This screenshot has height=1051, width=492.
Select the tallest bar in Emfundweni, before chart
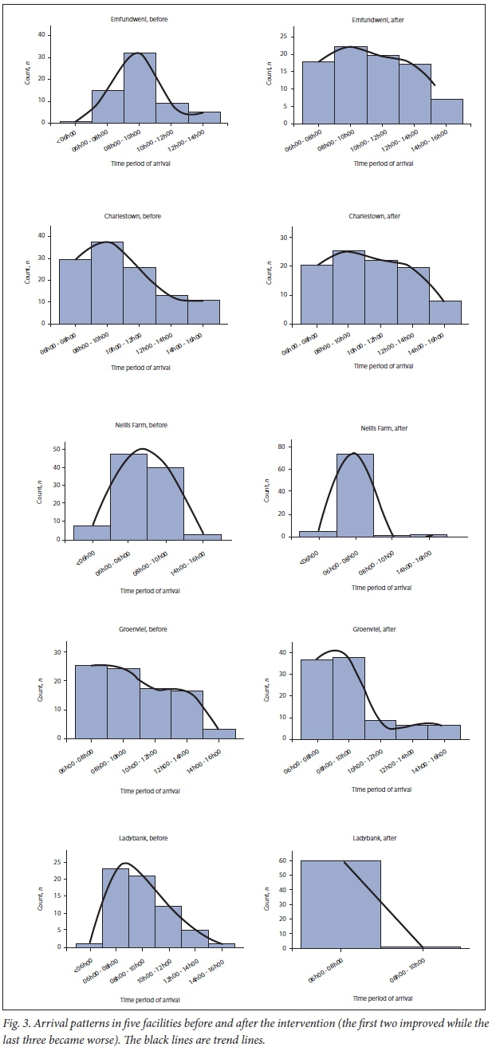[140, 88]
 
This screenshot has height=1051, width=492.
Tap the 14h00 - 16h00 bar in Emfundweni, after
[447, 111]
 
